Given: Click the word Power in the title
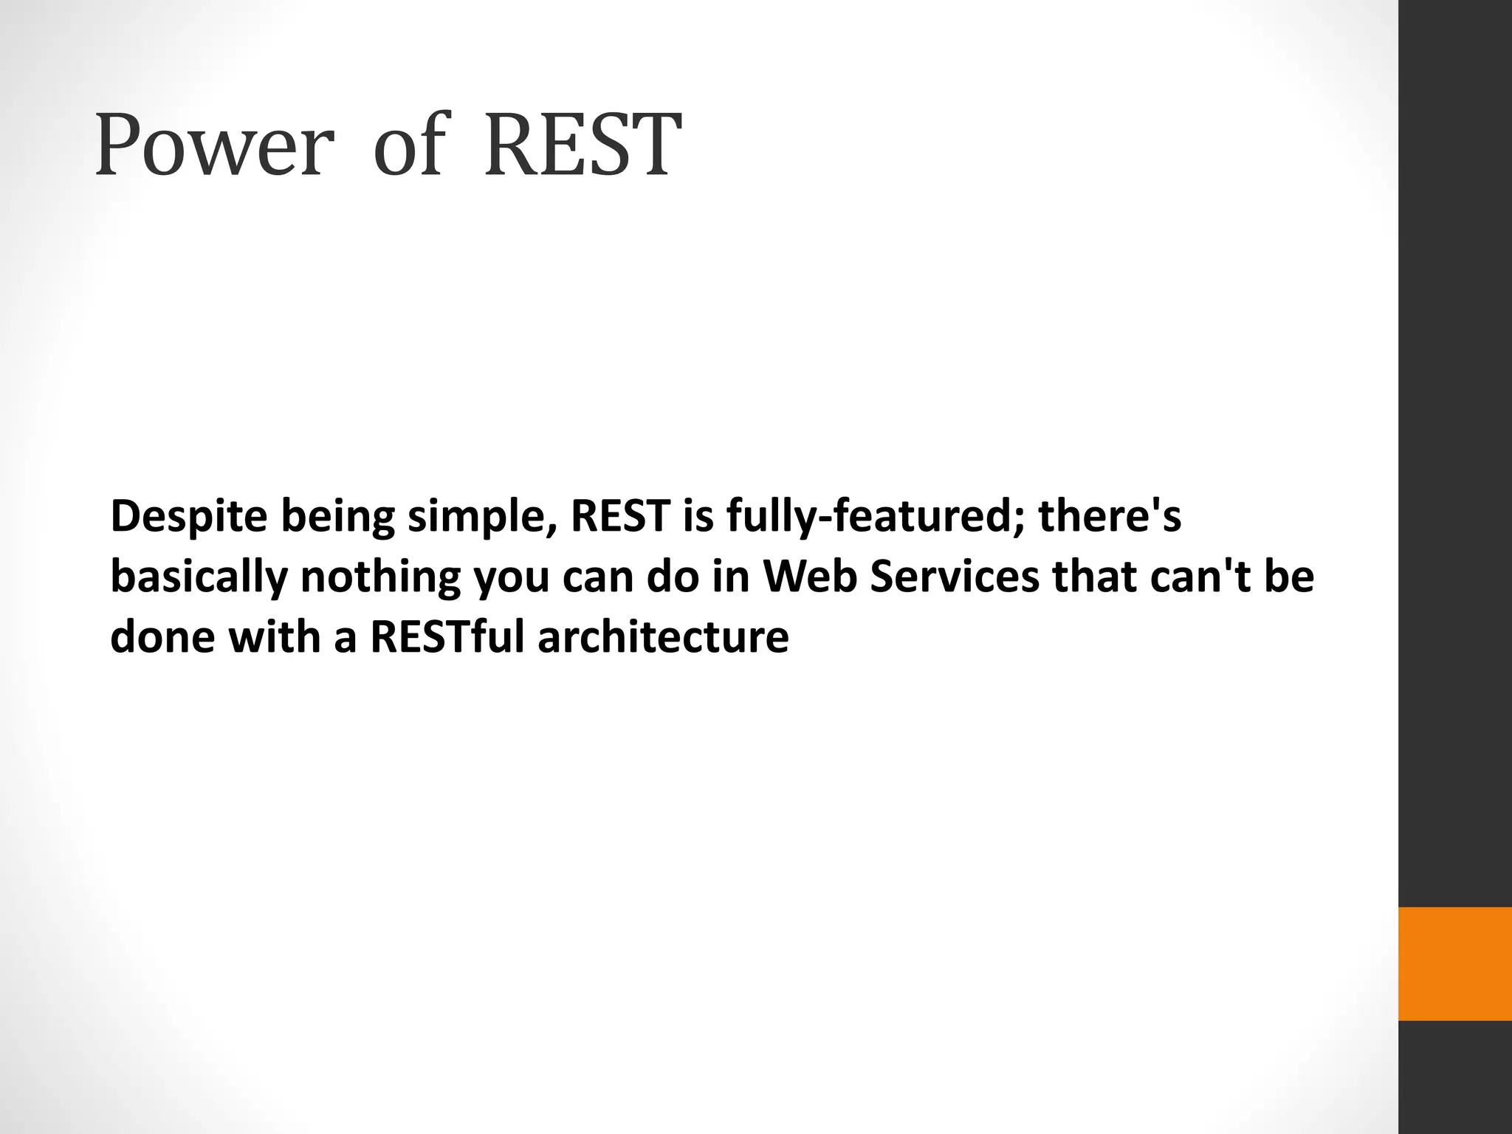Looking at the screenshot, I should tap(210, 145).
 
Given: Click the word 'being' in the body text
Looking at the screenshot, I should tap(337, 517).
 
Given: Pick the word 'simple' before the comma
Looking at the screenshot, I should tap(475, 517).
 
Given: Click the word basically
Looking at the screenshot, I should tap(199, 577).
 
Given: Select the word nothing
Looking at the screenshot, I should tap(380, 577).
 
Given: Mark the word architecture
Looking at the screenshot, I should tap(663, 636).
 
